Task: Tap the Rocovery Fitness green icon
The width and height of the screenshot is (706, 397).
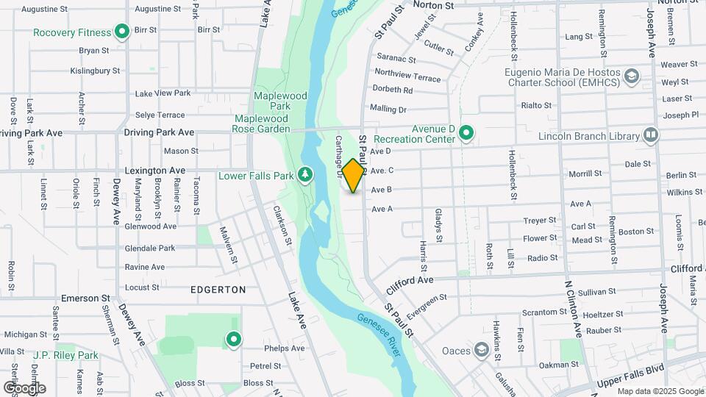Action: (x=123, y=32)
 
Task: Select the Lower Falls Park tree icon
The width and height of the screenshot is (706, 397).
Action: (x=304, y=174)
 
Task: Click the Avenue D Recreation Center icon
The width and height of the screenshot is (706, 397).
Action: (x=466, y=133)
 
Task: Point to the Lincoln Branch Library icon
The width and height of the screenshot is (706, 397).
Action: (x=650, y=135)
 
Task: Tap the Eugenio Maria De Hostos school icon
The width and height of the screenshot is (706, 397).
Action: (x=631, y=76)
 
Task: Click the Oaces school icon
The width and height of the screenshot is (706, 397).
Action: (x=482, y=349)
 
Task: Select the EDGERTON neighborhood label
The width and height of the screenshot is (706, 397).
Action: (x=218, y=290)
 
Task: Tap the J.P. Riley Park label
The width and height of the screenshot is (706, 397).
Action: (x=65, y=355)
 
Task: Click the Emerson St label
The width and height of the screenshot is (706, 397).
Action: (x=85, y=298)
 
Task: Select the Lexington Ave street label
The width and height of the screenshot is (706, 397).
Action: (x=154, y=170)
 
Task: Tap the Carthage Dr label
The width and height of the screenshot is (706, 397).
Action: (x=340, y=155)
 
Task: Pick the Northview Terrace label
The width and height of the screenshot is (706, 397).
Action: (x=407, y=74)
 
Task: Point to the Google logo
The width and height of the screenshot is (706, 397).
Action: (x=24, y=387)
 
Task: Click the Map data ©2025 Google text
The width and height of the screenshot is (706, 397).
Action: (x=660, y=391)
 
